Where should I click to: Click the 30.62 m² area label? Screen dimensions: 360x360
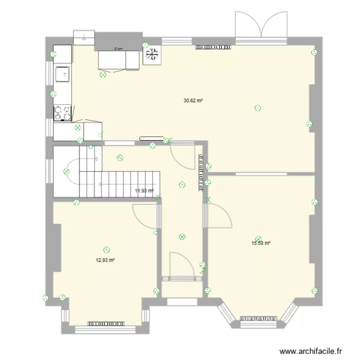coord(193,101)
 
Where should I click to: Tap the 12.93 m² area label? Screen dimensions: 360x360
coord(105,260)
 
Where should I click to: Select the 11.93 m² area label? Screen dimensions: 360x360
coord(144,191)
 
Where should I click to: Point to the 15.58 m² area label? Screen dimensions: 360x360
coord(261,243)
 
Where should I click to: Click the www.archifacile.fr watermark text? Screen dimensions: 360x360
coord(312,351)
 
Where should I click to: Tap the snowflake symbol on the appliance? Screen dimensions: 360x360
coord(152,54)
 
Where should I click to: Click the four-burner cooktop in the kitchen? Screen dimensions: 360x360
coord(62,113)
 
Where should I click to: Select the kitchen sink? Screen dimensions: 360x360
coord(62,74)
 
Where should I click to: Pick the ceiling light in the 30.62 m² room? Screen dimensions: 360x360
coord(258,108)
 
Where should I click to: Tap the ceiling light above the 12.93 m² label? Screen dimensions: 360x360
coord(107,250)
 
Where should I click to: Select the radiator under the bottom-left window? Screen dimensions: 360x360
coord(106,323)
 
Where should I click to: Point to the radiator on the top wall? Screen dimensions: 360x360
coord(214,47)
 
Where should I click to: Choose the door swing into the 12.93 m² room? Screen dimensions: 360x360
coord(145,215)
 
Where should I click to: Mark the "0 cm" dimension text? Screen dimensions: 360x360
coord(118,48)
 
